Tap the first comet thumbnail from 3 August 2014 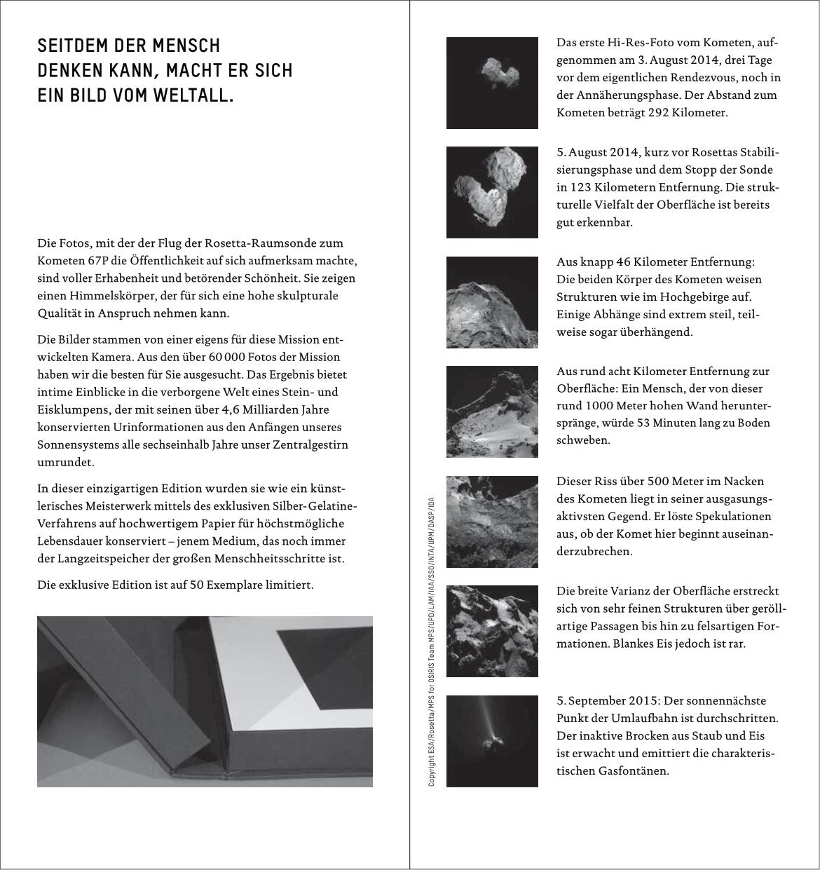pyautogui.click(x=492, y=83)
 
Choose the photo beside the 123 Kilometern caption pyautogui.click(x=492, y=192)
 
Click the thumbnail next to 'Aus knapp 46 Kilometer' pyautogui.click(x=492, y=302)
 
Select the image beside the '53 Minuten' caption pyautogui.click(x=492, y=412)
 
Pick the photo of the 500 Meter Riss pyautogui.click(x=492, y=522)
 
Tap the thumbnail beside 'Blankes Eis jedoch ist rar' pyautogui.click(x=492, y=631)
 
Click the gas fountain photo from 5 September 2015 pyautogui.click(x=492, y=741)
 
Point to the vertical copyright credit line pyautogui.click(x=432, y=641)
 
